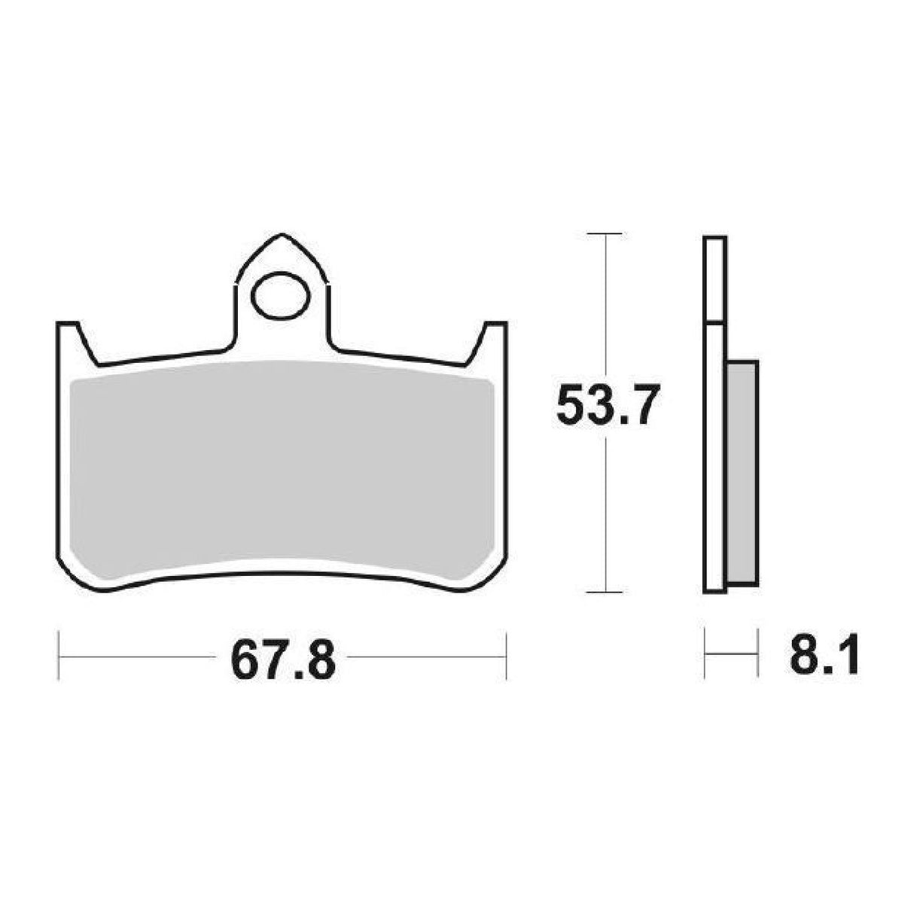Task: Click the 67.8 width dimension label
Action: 282,660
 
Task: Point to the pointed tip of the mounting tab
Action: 282,236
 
